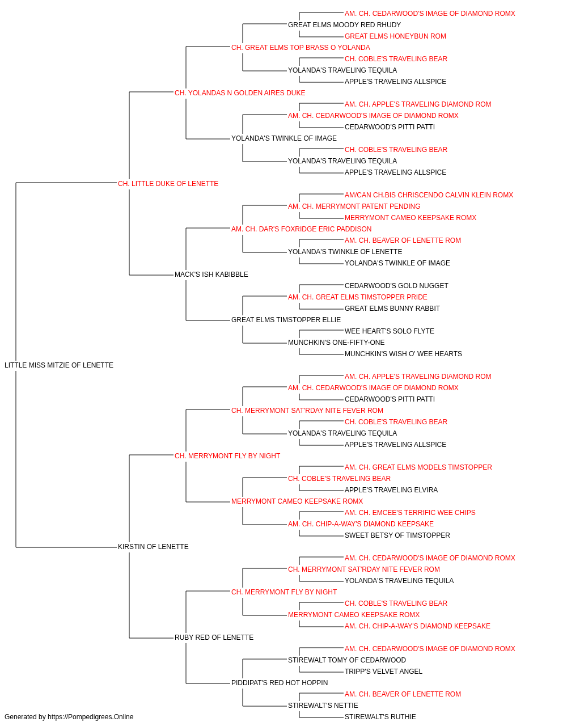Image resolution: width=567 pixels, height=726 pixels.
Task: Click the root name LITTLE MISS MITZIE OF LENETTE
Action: pos(59,365)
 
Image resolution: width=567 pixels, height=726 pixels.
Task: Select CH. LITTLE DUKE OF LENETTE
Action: pos(168,184)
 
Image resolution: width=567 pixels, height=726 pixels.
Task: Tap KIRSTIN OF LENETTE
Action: pos(153,547)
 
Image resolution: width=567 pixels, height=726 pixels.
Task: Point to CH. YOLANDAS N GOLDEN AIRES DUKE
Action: pos(240,93)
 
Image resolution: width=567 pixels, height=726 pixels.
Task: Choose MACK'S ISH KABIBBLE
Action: pos(211,275)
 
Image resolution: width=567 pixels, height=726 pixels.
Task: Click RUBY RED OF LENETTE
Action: pos(214,638)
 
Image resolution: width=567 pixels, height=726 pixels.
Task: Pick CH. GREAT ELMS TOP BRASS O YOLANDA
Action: pos(301,48)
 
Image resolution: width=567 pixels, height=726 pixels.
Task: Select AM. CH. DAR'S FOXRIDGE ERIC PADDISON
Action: pos(302,229)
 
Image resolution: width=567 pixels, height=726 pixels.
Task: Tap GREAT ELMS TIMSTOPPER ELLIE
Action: pos(286,320)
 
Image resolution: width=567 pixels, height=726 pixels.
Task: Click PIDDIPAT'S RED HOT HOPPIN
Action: pos(280,683)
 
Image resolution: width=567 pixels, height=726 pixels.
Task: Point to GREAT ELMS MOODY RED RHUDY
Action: pos(345,25)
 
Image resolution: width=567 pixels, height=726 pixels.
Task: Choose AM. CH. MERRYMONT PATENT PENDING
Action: pos(354,206)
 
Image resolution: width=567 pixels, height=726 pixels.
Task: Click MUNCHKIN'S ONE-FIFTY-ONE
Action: pos(336,343)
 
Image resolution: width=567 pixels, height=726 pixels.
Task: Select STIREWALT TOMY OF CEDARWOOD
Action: pos(347,660)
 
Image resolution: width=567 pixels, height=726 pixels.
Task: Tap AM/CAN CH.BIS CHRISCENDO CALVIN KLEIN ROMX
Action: pos(429,195)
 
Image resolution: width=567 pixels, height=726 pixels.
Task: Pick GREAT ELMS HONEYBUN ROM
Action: pos(395,36)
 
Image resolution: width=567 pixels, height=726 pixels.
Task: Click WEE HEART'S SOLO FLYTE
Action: pos(390,331)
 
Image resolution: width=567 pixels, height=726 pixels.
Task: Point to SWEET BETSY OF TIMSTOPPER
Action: pos(397,535)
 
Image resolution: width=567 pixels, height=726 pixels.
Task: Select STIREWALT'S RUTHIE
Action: pos(380,717)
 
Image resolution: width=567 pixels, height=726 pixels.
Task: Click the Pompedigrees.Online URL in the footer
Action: pos(91,717)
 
